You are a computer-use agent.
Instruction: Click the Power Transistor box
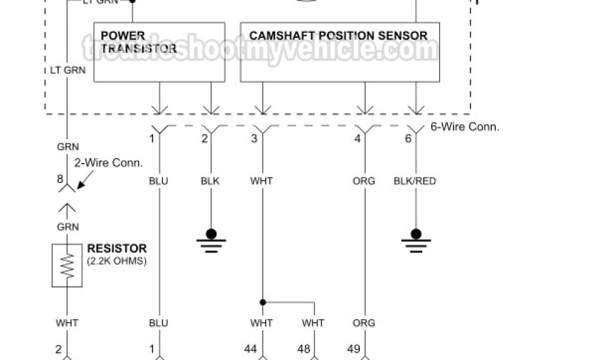pos(159,52)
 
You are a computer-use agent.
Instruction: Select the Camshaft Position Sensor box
pos(339,52)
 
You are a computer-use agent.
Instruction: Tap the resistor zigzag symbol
pos(67,265)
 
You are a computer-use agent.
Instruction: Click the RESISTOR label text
pos(116,248)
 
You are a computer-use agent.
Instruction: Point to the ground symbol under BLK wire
pos(211,239)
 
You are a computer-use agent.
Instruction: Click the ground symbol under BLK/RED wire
pos(416,239)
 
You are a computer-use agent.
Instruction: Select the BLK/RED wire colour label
pos(415,181)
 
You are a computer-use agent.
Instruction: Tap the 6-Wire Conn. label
pos(465,127)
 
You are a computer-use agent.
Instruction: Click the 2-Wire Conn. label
pos(116,163)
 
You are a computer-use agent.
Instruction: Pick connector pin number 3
pos(254,139)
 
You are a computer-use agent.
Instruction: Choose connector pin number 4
pos(357,139)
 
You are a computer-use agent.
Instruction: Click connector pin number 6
pos(408,139)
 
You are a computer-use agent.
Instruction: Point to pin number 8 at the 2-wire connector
pos(59,178)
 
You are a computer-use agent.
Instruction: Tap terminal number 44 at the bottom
pos(250,348)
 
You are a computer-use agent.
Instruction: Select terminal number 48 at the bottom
pos(304,348)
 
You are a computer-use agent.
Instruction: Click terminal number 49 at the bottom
pos(354,348)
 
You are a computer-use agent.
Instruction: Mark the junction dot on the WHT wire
pos(262,302)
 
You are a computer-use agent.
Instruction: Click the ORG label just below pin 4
pos(364,181)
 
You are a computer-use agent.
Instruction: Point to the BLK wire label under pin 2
pos(211,181)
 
